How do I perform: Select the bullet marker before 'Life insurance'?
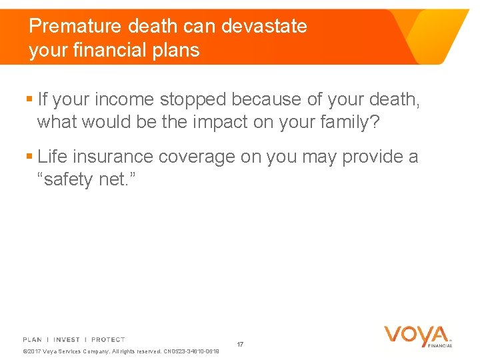pyautogui.click(x=29, y=157)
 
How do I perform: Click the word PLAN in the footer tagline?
pyautogui.click(x=32, y=340)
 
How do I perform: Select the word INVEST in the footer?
pyautogui.click(x=67, y=340)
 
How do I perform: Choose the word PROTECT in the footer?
pyautogui.click(x=108, y=340)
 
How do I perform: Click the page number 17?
pyautogui.click(x=240, y=345)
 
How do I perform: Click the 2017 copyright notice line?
pyautogui.click(x=121, y=351)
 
